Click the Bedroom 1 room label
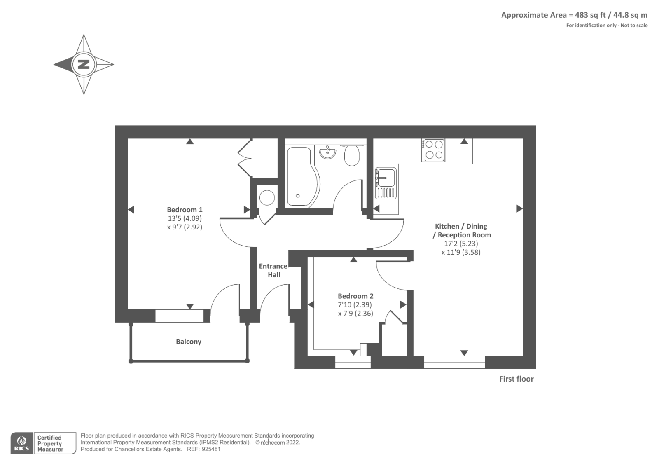pyautogui.click(x=185, y=210)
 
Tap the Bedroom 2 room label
pyautogui.click(x=355, y=296)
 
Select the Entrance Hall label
pyautogui.click(x=273, y=270)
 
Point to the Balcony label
pyautogui.click(x=189, y=342)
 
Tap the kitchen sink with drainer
pyautogui.click(x=386, y=183)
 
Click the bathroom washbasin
pyautogui.click(x=327, y=151)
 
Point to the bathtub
pyautogui.click(x=300, y=176)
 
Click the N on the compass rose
pyautogui.click(x=84, y=64)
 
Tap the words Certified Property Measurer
pyautogui.click(x=50, y=443)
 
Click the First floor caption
pyautogui.click(x=516, y=379)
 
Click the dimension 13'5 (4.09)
pyautogui.click(x=185, y=218)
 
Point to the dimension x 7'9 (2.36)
pyautogui.click(x=355, y=314)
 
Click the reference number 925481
pyautogui.click(x=211, y=449)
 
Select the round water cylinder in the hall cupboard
pyautogui.click(x=267, y=198)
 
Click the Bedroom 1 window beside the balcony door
pyautogui.click(x=180, y=316)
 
